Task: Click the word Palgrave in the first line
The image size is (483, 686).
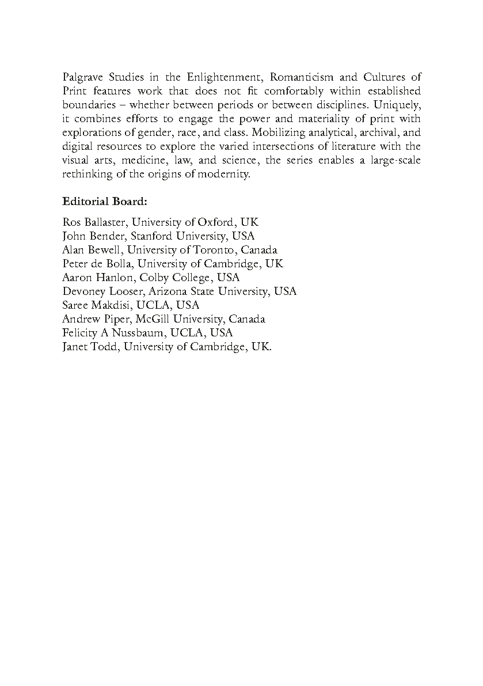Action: tap(82, 77)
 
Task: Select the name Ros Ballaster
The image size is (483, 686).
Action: tap(95, 222)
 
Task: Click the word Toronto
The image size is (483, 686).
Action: tap(216, 250)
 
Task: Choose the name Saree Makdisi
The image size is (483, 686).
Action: tap(90, 305)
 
